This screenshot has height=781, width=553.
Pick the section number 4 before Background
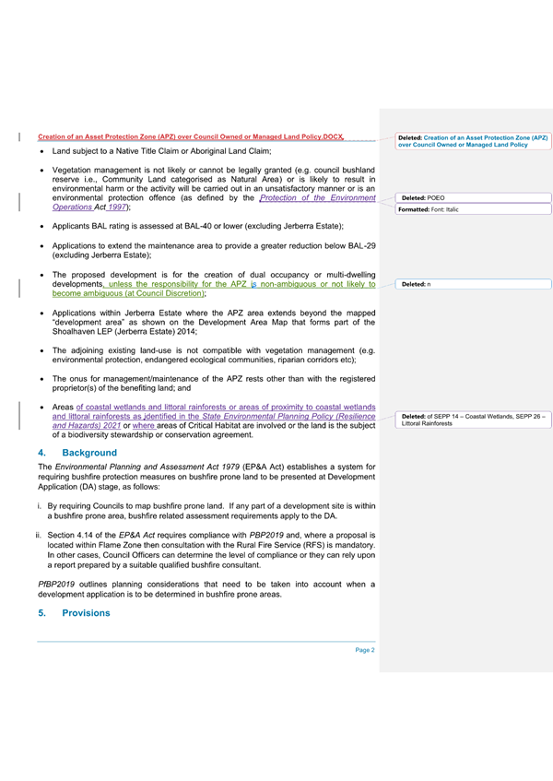tap(41, 454)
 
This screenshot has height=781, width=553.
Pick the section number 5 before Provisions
tap(41, 613)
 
